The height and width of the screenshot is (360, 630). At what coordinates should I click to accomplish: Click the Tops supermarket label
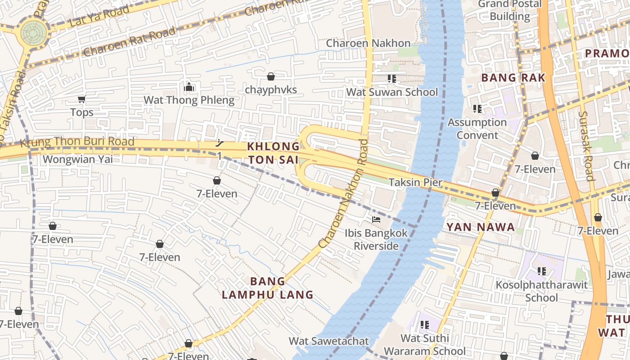[82, 112]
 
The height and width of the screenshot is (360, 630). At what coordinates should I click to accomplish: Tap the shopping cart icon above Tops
[81, 99]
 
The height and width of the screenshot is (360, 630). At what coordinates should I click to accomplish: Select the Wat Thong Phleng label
[189, 100]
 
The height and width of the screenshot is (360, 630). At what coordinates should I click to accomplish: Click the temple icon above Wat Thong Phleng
[189, 86]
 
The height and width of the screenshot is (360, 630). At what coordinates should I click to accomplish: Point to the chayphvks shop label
[271, 90]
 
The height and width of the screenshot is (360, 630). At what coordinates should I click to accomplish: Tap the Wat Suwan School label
[391, 92]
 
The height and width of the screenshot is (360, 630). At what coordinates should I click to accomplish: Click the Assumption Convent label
[477, 129]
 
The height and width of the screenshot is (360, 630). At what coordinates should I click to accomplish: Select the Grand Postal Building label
[510, 10]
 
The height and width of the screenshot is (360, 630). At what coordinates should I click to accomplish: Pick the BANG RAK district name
[513, 78]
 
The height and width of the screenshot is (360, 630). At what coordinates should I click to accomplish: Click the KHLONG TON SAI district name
[273, 153]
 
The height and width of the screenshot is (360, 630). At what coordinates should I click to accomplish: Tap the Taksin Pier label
[415, 182]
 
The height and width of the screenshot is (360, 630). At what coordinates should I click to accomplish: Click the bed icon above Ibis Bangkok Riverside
[376, 220]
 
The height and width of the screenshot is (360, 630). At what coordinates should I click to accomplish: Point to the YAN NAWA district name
[481, 227]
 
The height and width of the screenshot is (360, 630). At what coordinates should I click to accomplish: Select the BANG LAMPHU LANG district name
[268, 288]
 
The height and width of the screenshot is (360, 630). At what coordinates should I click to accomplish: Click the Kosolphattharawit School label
[541, 291]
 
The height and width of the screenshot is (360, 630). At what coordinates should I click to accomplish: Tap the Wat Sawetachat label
[328, 341]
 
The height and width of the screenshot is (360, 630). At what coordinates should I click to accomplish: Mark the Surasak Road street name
[586, 146]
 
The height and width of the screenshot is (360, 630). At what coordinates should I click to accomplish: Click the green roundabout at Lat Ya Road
[34, 32]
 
